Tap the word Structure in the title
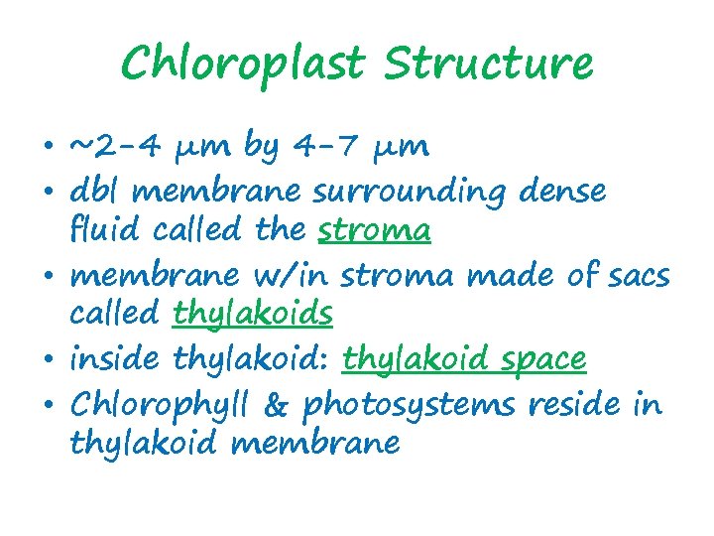point(489,65)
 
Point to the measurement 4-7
point(328,147)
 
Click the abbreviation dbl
point(91,190)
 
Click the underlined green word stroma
point(375,231)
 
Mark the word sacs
point(634,273)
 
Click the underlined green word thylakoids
point(253,315)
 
